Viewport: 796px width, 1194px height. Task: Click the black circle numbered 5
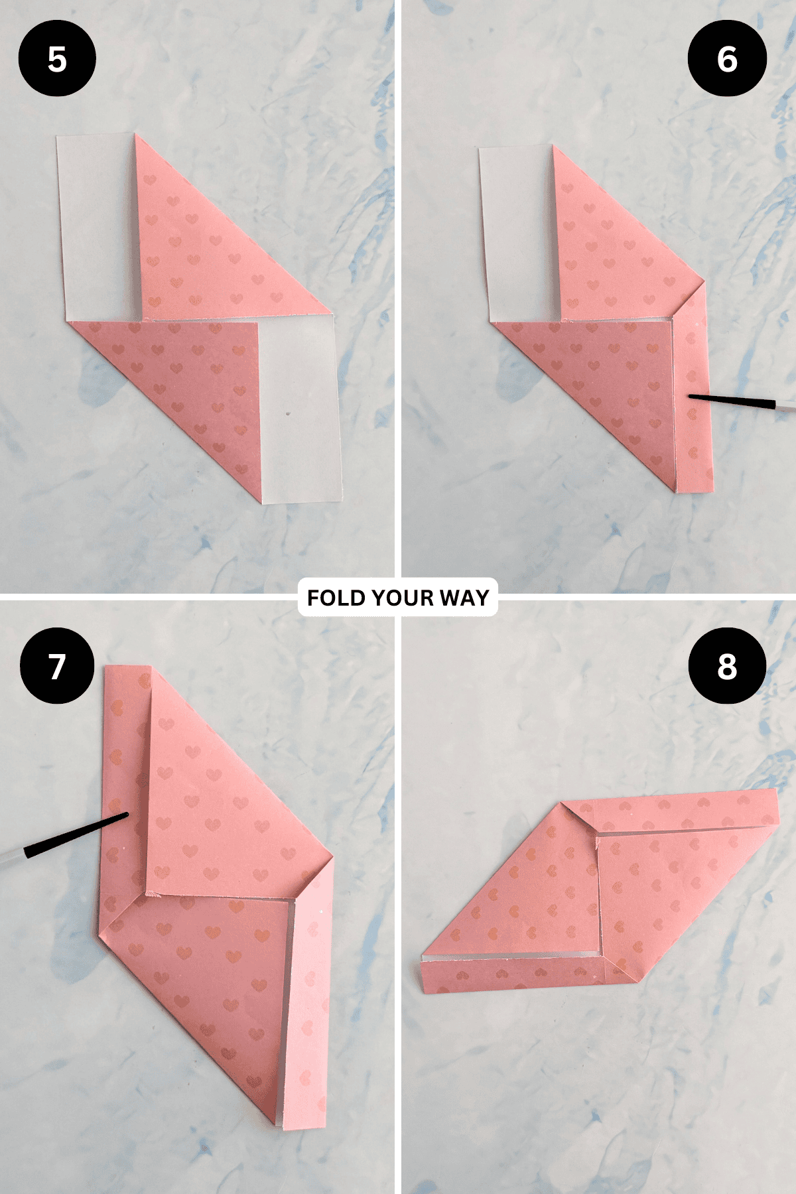point(57,58)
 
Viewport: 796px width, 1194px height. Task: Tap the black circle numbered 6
point(727,58)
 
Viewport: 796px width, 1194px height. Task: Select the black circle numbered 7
point(57,666)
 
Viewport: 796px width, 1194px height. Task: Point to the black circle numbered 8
point(727,666)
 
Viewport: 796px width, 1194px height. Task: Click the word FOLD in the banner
point(336,598)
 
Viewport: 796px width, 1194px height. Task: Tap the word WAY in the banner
point(464,598)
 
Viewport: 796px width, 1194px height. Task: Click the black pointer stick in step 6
point(732,400)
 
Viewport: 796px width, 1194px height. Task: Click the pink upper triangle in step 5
point(219,232)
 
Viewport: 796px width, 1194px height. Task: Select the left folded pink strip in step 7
point(125,796)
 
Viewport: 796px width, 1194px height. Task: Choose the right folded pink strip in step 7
point(308,995)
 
